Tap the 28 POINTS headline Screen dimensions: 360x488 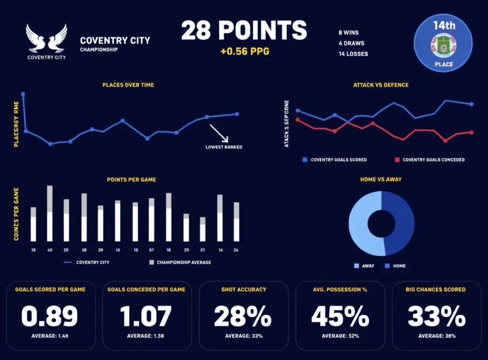[x=244, y=31]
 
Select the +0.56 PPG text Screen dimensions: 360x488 [x=244, y=51]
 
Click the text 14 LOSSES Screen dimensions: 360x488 [x=353, y=53]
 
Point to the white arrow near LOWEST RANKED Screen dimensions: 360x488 [x=219, y=134]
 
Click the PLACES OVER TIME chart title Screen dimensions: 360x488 [x=128, y=85]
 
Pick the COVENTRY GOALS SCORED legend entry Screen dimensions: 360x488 [x=334, y=160]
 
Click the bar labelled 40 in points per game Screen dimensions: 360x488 [x=50, y=215]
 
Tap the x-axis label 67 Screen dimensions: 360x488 [x=152, y=250]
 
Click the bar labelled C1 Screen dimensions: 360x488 [x=203, y=230]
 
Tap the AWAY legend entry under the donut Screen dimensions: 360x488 [x=364, y=266]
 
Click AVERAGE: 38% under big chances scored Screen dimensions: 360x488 [x=437, y=336]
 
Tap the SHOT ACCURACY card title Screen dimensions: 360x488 [x=244, y=289]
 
